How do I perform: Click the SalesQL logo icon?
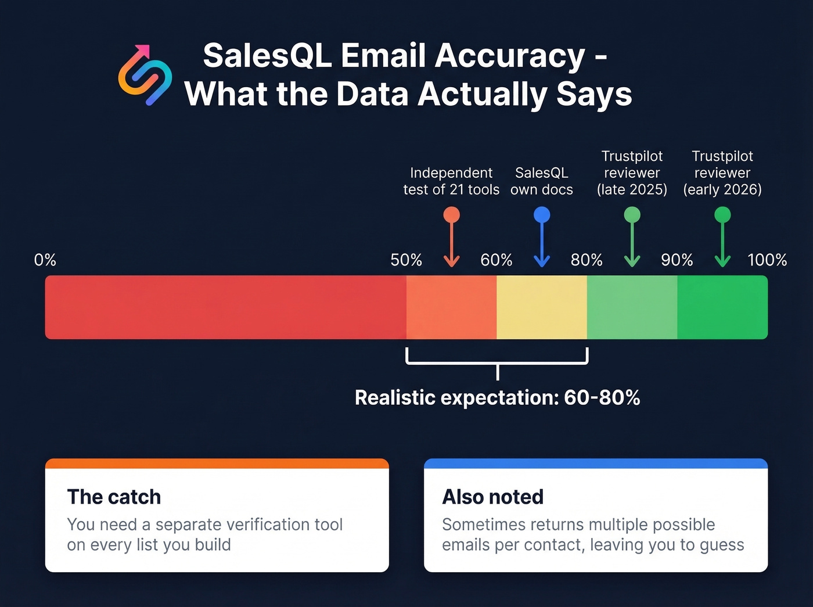(145, 76)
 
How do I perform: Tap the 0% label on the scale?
(45, 260)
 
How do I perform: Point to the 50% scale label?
(406, 260)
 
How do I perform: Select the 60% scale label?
(497, 260)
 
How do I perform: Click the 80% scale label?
(587, 260)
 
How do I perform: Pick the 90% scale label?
(677, 260)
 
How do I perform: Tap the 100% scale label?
(767, 260)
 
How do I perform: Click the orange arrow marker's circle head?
(451, 215)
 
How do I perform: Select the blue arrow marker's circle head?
(542, 215)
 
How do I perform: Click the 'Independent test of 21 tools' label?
(451, 181)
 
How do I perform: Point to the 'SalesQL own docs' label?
(542, 181)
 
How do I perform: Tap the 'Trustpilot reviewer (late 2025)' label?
(632, 173)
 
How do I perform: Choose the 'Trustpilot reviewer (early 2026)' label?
(722, 173)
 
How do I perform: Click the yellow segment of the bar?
(542, 307)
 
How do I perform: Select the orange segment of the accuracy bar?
(451, 307)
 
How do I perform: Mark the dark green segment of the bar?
(722, 307)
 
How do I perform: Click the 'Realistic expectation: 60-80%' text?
(497, 398)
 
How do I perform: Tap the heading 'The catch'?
(114, 497)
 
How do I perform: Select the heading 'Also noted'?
(493, 497)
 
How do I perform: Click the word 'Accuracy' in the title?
(510, 56)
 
